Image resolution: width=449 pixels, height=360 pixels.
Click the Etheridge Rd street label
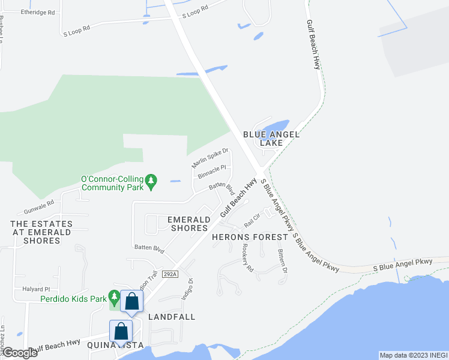point(37,12)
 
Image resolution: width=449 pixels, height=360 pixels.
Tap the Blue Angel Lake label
point(271,139)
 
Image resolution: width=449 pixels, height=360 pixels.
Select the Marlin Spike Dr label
point(210,158)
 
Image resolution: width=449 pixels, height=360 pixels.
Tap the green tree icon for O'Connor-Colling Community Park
point(152,180)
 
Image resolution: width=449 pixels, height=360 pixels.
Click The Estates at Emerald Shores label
point(41,232)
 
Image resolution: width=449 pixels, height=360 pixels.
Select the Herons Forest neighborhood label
point(250,237)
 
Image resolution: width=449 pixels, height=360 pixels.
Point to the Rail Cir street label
point(252,221)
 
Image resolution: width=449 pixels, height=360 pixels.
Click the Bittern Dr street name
point(283,262)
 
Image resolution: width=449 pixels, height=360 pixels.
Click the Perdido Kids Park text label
point(73,298)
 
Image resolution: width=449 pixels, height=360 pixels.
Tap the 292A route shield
point(170,274)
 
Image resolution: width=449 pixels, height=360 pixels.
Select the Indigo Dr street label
point(186,289)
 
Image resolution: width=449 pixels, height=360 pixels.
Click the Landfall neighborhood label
point(172,316)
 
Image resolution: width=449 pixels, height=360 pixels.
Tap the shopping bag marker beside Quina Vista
point(121,331)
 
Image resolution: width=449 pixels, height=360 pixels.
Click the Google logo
point(20,353)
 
